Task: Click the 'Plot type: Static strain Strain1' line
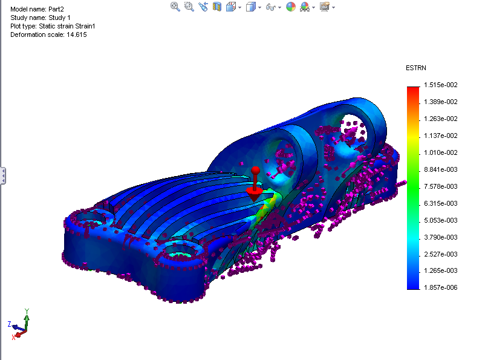point(53,27)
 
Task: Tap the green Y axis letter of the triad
point(27,311)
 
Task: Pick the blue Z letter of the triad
point(9,325)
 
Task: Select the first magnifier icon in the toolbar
point(175,7)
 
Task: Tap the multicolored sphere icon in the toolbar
point(291,7)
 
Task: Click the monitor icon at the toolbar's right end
point(324,7)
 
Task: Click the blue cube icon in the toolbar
point(250,7)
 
